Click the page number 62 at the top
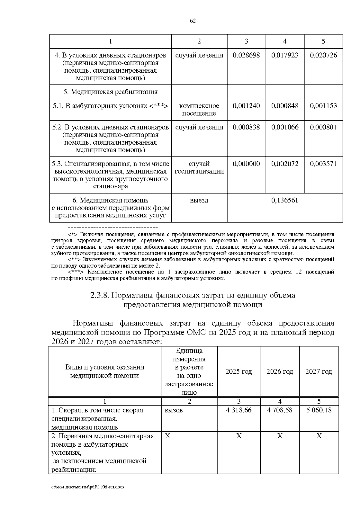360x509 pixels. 193,21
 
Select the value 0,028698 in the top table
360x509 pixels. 246,55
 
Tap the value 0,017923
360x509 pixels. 285,55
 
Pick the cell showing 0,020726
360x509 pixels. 323,55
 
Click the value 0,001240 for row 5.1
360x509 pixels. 246,106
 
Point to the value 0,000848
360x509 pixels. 285,106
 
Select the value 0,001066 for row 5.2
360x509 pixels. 285,127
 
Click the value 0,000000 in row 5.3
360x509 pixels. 246,164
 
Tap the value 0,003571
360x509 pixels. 323,164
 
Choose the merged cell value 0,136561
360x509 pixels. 285,200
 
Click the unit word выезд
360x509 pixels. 199,200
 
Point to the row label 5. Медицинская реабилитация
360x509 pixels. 110,92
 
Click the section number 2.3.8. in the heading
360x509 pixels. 99,295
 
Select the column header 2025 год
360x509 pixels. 238,372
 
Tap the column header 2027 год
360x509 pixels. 319,372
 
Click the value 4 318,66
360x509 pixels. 238,410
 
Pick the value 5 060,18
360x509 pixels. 319,410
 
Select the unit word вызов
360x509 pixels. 174,410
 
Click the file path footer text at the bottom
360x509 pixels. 88,487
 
